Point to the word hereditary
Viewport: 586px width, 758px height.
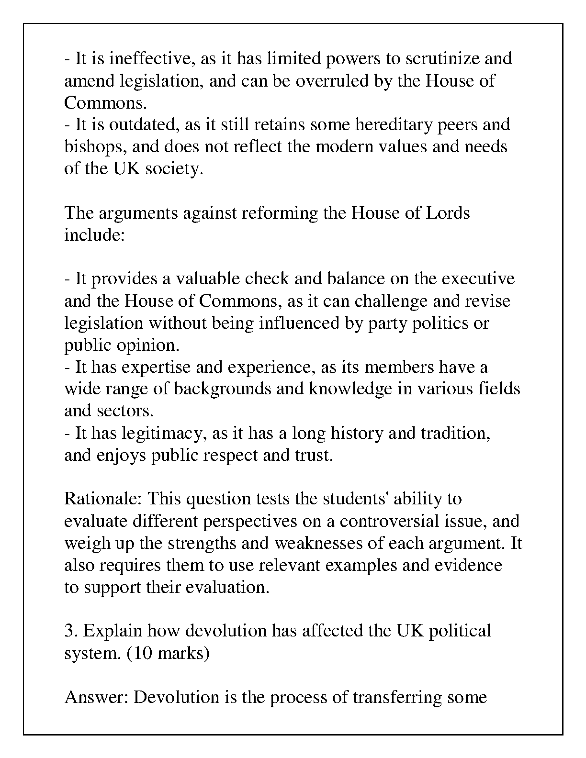click(392, 124)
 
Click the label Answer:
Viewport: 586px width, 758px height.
click(97, 697)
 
